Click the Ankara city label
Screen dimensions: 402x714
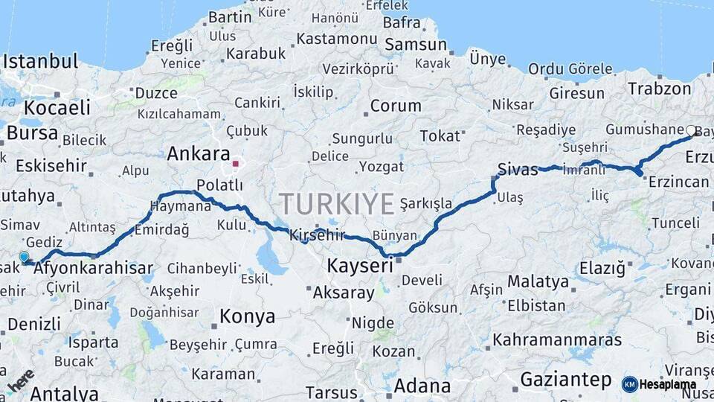pos(198,154)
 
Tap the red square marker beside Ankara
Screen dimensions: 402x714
pos(236,163)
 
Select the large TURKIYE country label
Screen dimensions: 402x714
pos(337,202)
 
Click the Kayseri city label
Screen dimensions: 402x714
pos(360,266)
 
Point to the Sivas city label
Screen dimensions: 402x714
pos(518,170)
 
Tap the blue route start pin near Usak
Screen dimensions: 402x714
pos(24,257)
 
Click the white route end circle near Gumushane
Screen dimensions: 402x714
pos(691,131)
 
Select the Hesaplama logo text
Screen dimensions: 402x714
pos(669,384)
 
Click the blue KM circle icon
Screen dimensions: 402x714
pos(629,384)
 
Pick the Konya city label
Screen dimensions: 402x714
pos(247,316)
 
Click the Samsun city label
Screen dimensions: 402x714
pos(416,45)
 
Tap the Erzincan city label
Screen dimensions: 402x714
pos(678,182)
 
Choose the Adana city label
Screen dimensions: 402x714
pos(422,386)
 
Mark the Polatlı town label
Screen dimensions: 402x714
pos(220,185)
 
